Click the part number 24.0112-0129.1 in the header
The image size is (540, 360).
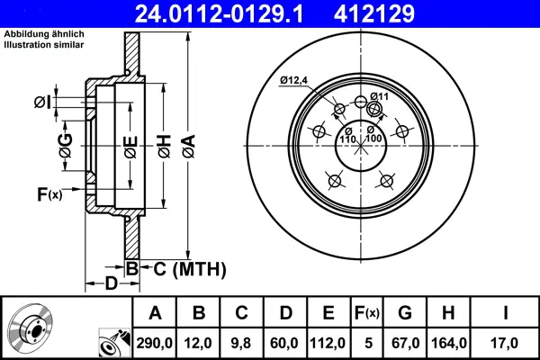click(x=220, y=13)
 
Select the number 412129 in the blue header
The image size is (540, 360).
click(x=374, y=13)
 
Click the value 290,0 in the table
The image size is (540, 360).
click(x=154, y=343)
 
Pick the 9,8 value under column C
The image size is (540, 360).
click(x=241, y=343)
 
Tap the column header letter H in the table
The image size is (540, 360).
click(x=448, y=313)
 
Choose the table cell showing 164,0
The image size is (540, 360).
click(x=449, y=343)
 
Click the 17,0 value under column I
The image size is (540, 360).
click(x=505, y=343)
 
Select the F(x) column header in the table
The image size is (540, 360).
click(x=367, y=313)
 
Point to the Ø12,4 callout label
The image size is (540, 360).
click(x=293, y=81)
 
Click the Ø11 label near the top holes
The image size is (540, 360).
click(x=380, y=96)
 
